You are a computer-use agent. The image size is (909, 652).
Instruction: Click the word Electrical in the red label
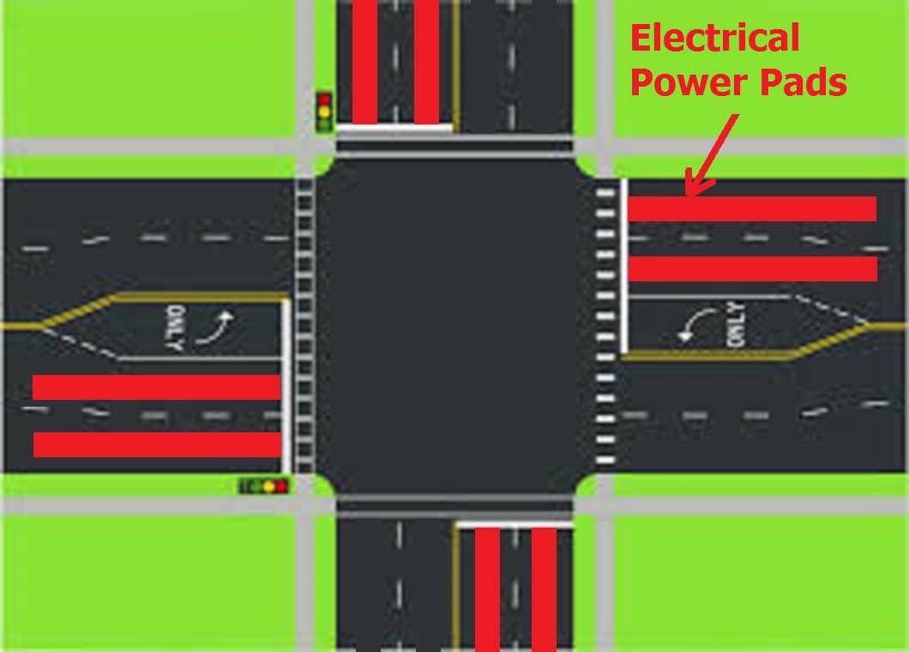tap(715, 39)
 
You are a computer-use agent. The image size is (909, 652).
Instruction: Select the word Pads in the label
tap(804, 81)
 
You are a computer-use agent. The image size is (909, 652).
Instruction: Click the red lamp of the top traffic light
tap(325, 100)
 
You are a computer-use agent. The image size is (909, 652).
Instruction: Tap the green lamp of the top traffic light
tap(325, 124)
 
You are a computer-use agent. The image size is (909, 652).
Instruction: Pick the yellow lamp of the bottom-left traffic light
tap(268, 486)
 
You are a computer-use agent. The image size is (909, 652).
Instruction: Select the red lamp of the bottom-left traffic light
tap(281, 486)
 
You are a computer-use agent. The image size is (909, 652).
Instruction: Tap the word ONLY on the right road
tap(735, 325)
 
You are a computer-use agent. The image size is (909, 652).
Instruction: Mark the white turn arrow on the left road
tap(215, 328)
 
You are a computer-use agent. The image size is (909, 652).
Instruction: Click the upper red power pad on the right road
tap(752, 208)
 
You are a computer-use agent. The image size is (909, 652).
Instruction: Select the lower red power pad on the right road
tap(752, 269)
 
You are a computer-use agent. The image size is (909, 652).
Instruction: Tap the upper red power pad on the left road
tap(157, 387)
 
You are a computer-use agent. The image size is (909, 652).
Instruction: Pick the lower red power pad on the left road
tap(157, 444)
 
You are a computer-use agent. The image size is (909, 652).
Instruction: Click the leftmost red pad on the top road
tap(364, 62)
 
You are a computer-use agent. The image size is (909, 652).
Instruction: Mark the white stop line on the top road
tap(394, 128)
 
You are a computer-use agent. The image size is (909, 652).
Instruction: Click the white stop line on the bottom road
tap(515, 525)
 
